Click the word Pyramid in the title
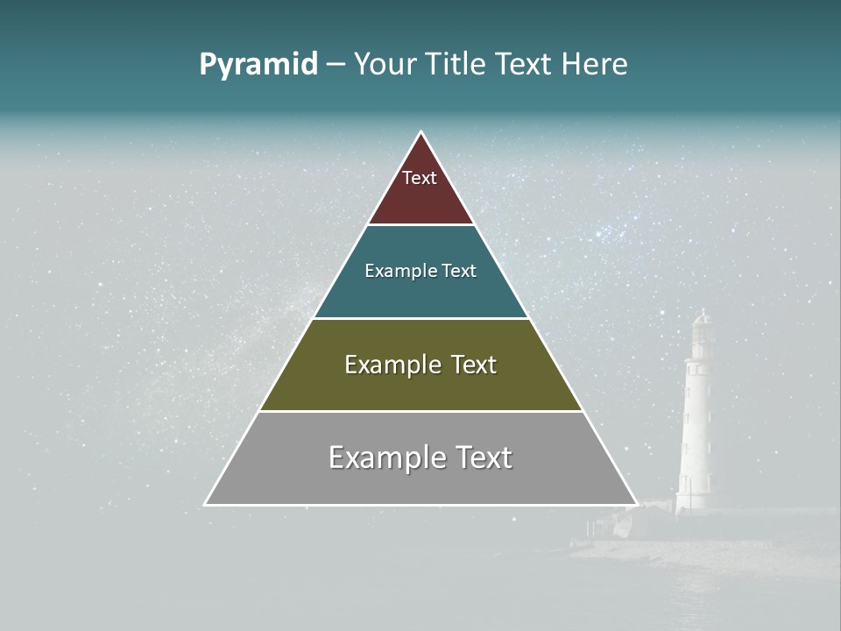(x=258, y=65)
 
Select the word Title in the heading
(x=457, y=64)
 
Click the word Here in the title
(x=594, y=64)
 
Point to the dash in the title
(x=335, y=65)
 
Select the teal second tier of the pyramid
(x=420, y=294)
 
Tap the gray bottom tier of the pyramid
(x=420, y=482)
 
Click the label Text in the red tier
(x=420, y=178)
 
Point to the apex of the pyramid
(x=421, y=133)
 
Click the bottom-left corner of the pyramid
(x=206, y=504)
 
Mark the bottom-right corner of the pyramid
(x=636, y=504)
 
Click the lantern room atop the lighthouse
(x=701, y=329)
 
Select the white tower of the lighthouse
(x=696, y=421)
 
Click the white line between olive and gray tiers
(x=420, y=411)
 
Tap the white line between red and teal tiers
(x=420, y=224)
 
